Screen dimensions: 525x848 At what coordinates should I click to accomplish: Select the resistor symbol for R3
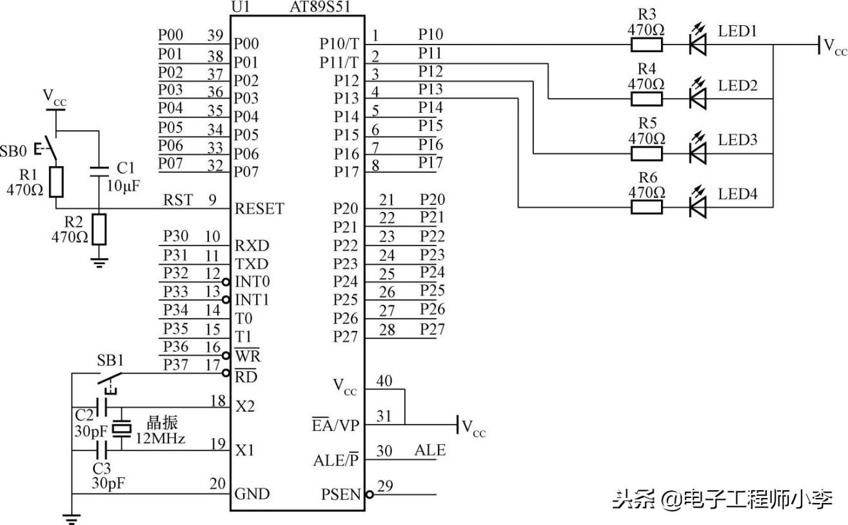646,44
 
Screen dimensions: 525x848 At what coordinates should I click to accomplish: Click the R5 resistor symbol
646,153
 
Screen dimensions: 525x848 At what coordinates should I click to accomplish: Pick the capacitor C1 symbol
99,171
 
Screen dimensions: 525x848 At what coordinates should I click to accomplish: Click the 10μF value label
123,186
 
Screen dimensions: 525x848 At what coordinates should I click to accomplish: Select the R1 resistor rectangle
57,182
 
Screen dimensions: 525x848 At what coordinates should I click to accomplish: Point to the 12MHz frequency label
160,439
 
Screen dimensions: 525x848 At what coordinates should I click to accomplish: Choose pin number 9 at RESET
212,200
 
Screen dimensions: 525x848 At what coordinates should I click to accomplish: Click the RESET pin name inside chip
259,209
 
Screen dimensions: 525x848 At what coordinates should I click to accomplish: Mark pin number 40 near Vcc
384,381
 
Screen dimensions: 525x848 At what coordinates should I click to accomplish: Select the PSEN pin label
341,495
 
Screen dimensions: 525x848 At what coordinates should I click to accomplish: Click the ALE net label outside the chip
429,450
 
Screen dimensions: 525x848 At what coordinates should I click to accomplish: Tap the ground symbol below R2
99,261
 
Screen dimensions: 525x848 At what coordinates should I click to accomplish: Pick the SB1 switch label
110,358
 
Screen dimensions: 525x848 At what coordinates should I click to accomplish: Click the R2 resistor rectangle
99,229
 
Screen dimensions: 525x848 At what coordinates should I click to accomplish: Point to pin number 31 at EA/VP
384,417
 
